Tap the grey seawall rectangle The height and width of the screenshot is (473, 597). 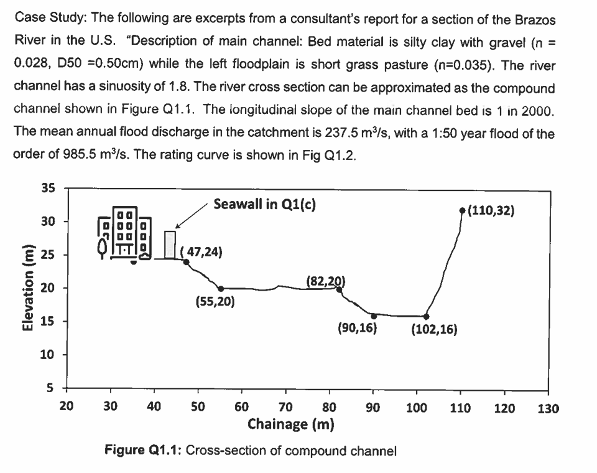tap(170, 244)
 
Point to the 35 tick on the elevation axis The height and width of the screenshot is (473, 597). tap(47, 188)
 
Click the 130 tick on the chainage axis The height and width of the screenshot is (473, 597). tap(548, 408)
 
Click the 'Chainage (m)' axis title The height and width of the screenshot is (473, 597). tap(290, 424)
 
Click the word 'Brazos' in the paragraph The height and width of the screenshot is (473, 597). tap(535, 19)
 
